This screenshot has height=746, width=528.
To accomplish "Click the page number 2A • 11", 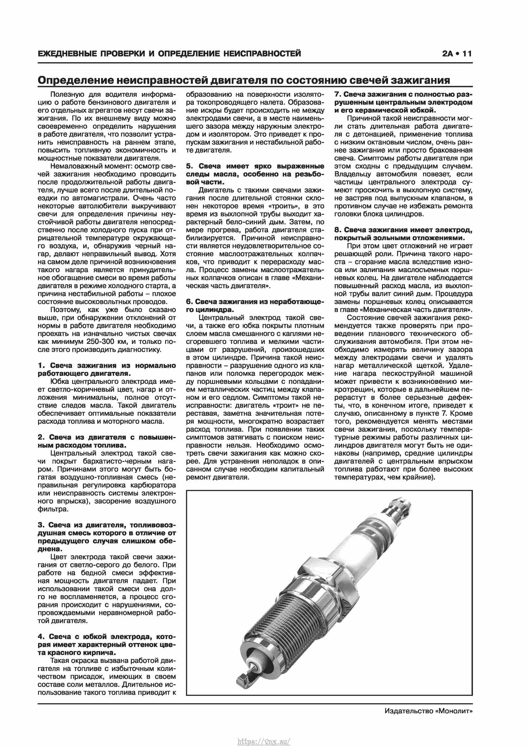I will pos(456,54).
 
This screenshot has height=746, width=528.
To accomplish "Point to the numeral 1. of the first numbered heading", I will pos(41,365).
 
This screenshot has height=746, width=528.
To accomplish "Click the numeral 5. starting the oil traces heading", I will pos(190,166).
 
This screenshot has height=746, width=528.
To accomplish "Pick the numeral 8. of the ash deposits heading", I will pos(337,230).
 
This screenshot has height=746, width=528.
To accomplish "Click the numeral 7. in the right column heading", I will pos(337,94).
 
